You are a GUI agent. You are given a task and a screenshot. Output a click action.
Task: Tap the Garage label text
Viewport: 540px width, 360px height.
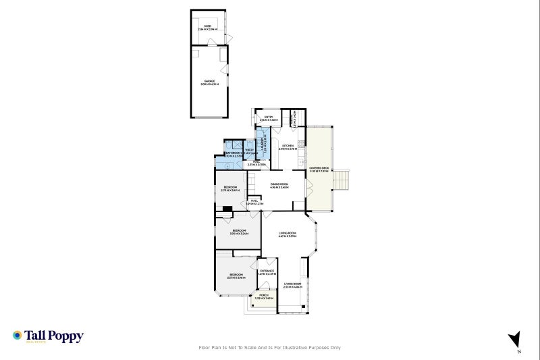coord(209,82)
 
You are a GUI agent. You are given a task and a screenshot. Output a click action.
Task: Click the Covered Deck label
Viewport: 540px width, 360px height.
coord(319,170)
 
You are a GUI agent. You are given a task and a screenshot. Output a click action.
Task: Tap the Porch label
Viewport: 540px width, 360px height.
coord(263,297)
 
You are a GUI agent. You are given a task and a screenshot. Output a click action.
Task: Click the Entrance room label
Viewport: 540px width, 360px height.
coord(267,272)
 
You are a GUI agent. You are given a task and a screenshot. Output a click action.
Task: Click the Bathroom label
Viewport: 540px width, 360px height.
coord(234,154)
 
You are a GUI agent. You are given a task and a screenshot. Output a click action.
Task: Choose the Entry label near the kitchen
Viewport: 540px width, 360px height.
coord(269,119)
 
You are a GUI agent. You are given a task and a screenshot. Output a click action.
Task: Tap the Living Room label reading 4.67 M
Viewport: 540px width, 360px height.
coord(288,234)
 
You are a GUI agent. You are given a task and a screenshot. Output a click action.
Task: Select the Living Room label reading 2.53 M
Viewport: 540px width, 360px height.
coord(292,285)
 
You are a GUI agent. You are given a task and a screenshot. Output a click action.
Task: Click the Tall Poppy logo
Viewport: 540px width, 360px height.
coord(47,336)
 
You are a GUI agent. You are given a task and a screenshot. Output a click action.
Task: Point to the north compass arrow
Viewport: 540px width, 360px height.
coord(514,339)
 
